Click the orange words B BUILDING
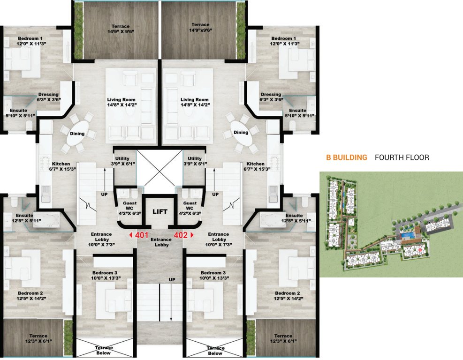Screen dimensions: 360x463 click(x=347, y=157)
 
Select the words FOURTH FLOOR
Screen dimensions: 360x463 click(x=402, y=157)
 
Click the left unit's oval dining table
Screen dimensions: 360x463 click(x=77, y=134)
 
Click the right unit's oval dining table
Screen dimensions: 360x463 click(x=241, y=133)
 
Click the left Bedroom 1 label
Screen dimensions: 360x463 click(x=30, y=41)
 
